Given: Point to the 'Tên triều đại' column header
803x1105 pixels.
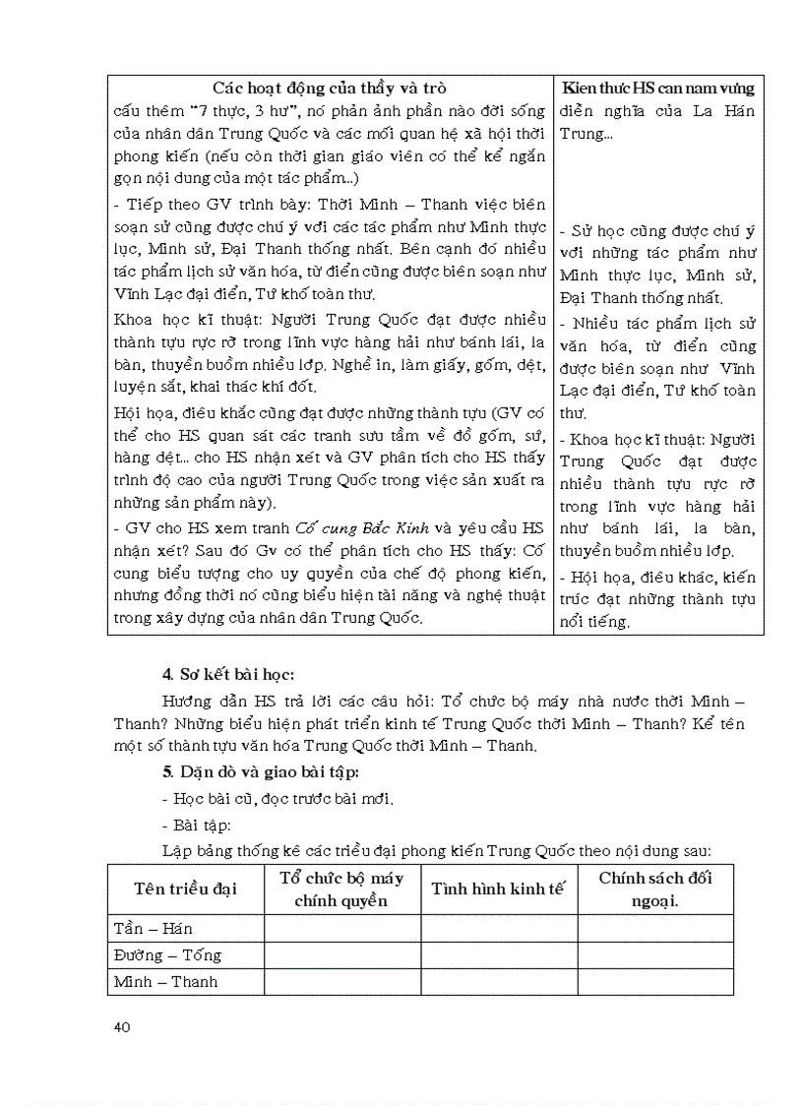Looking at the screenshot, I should [x=186, y=889].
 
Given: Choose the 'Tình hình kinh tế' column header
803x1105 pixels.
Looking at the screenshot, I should [x=498, y=889].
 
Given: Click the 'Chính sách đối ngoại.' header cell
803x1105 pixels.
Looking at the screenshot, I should [x=654, y=889].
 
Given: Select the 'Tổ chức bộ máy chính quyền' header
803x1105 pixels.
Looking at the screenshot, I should [x=341, y=889].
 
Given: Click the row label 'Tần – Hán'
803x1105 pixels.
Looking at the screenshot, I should [x=154, y=928].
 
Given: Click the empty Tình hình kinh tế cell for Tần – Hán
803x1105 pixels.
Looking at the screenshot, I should [x=498, y=928].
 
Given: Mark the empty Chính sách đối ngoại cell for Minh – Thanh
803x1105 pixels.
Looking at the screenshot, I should [x=654, y=981].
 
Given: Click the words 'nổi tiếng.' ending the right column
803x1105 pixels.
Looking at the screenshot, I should [x=593, y=622].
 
